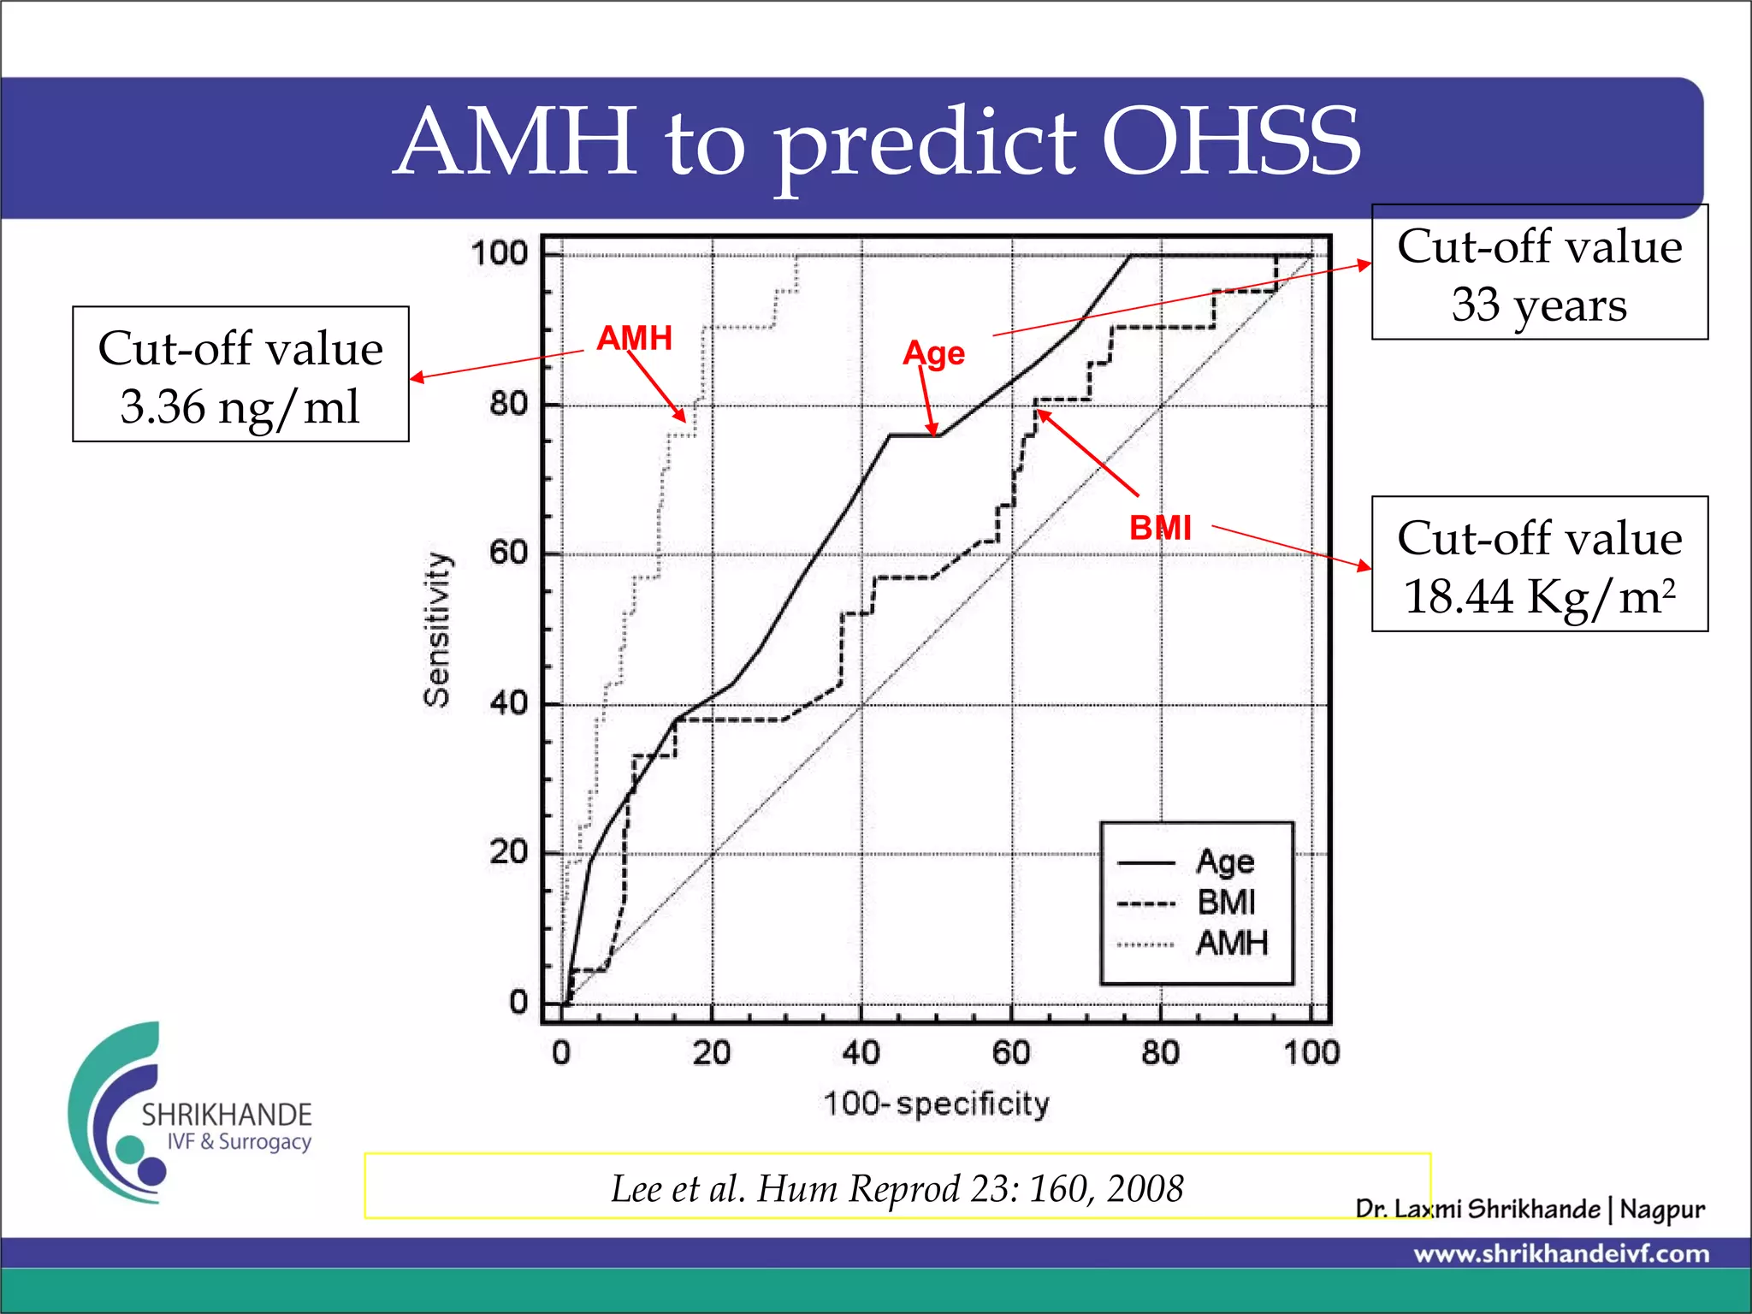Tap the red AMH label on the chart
pos(634,338)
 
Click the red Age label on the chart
pos(933,353)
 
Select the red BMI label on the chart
pos(1160,528)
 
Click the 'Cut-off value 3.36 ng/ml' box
pos(240,375)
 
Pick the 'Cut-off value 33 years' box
pos(1539,273)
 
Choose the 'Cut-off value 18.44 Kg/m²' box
pos(1539,565)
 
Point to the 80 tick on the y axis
pos(509,404)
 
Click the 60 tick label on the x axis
pos(1011,1052)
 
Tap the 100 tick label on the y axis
pos(500,253)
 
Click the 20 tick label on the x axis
pos(712,1052)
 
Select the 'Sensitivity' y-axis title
pos(437,630)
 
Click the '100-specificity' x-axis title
pos(936,1104)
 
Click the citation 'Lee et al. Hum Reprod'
pos(897,1187)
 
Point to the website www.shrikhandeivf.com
pos(1561,1254)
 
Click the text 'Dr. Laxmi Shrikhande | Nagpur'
pos(1530,1209)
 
